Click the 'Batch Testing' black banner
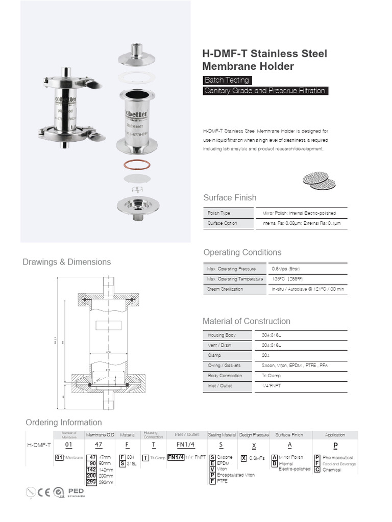(x=227, y=80)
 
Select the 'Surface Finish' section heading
(x=230, y=198)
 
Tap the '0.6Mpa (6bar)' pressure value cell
(x=286, y=269)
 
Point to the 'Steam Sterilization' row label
(x=225, y=289)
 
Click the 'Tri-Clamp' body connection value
(x=271, y=376)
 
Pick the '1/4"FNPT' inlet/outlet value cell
(x=272, y=386)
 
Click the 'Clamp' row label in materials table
(x=214, y=355)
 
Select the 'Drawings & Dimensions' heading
(x=66, y=262)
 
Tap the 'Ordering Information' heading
(x=64, y=423)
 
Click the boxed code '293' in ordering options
(x=92, y=482)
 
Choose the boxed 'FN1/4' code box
(x=176, y=457)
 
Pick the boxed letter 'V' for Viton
(x=212, y=469)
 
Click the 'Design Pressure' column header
(x=254, y=435)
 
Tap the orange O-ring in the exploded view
(x=137, y=167)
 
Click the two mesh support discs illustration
(x=320, y=180)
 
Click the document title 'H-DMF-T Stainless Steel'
(x=264, y=54)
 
